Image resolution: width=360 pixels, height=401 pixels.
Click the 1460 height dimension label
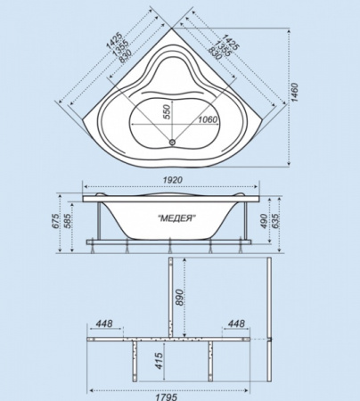pos(294,93)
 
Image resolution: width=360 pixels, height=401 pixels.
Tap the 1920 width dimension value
pos(172,180)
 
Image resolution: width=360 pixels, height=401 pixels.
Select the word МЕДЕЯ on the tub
pos(176,218)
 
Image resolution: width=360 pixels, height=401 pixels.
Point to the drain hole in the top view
pos(172,143)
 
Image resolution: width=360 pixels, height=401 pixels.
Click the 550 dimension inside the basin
pos(168,112)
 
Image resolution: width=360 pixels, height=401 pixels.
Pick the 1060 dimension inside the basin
pos(208,119)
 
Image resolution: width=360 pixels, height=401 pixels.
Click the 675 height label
pos(55,221)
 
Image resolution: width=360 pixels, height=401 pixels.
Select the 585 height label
pos(67,221)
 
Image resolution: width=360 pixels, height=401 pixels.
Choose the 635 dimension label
pos(275,221)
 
